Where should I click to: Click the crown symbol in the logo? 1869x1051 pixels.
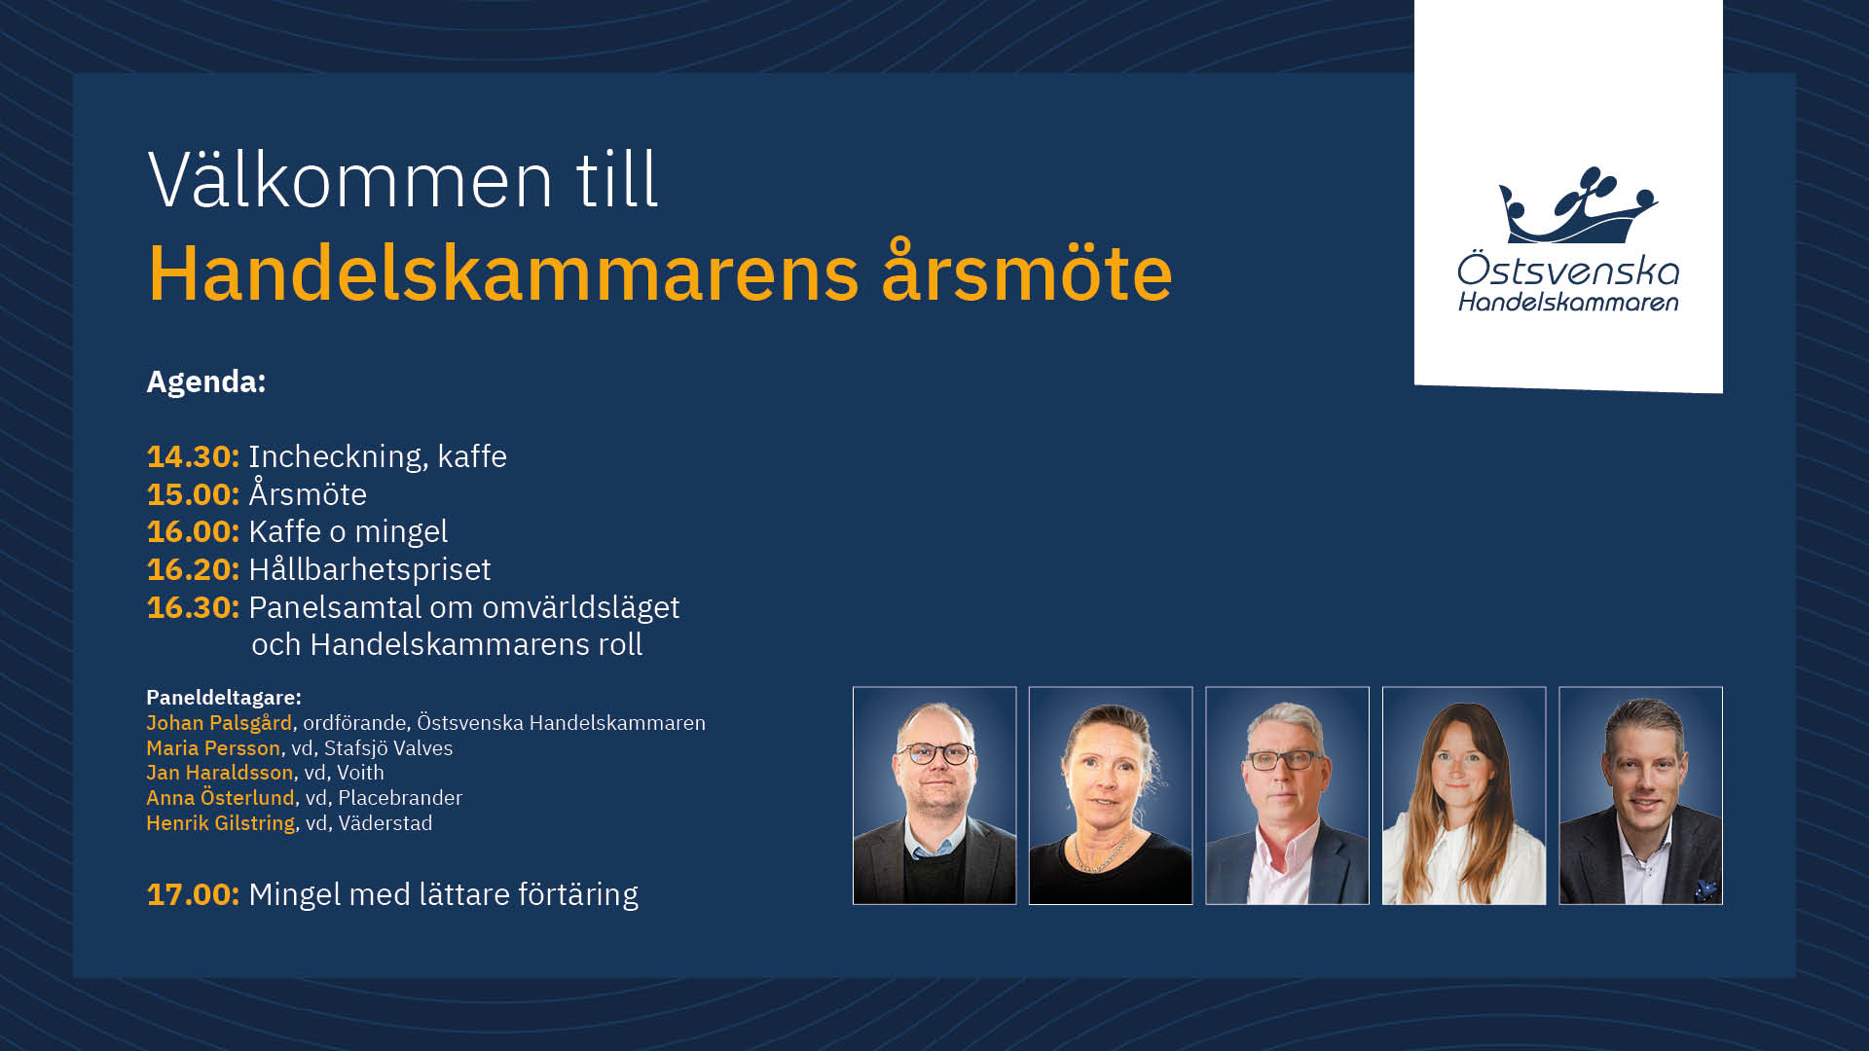coord(1577,205)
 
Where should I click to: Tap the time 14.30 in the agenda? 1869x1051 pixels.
coord(193,456)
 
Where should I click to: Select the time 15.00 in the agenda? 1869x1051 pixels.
coord(193,494)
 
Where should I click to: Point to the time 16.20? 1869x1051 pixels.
coord(193,569)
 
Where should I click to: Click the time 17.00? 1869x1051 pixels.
coord(193,894)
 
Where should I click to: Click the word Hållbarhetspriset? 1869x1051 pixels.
coord(370,569)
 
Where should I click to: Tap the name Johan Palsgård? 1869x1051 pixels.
coord(219,723)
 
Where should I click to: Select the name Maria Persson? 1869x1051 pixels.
coord(213,748)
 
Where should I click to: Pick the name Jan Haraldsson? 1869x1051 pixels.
coord(219,773)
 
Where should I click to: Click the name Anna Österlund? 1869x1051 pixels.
coord(220,798)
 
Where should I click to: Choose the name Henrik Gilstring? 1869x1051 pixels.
coord(220,823)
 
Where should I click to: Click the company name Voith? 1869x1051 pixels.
coord(360,773)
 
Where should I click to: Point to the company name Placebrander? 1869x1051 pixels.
coord(400,798)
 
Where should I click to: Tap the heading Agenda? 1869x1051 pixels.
coord(206,381)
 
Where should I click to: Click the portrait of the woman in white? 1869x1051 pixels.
coord(1464,796)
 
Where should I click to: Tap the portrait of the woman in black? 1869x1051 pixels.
coord(1111,796)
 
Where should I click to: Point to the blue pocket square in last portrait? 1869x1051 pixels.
coord(1705,888)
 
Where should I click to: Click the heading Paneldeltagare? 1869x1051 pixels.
coord(224,698)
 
